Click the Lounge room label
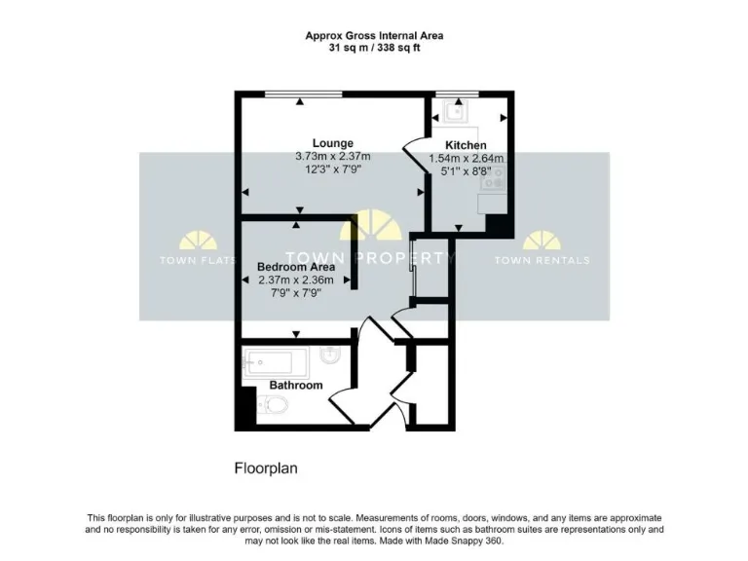point(332,143)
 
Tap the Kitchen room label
point(466,145)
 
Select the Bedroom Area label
point(296,267)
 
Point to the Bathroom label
point(296,385)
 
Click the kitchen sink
point(456,111)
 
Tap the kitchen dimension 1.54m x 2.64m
point(467,158)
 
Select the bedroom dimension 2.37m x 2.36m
point(296,280)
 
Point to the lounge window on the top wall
point(302,93)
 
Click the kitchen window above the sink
point(451,93)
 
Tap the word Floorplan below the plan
point(266,467)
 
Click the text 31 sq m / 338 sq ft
point(374,48)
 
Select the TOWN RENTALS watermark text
point(542,260)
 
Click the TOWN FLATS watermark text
point(192,260)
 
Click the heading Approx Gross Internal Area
point(374,35)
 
